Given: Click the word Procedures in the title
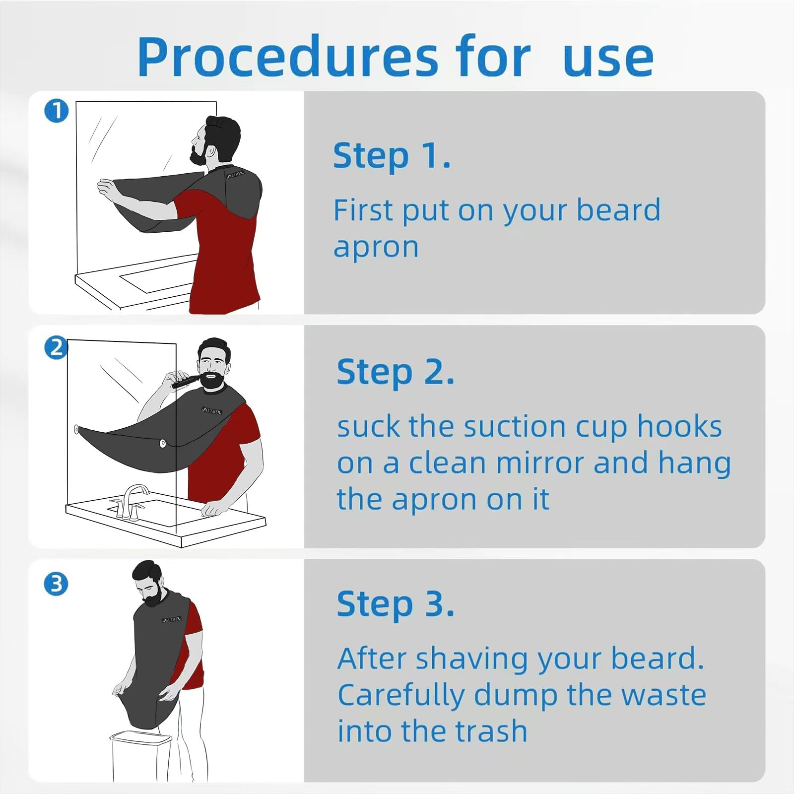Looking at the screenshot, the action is tap(288, 57).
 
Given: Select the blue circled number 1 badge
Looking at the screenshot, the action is tap(56, 111).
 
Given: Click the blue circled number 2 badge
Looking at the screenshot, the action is tap(56, 347).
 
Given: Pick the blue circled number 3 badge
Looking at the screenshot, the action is tap(56, 584).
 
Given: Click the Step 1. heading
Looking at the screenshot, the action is tap(392, 156).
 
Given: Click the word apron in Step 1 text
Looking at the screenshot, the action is tap(376, 248).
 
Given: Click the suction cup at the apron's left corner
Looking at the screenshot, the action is tap(77, 429).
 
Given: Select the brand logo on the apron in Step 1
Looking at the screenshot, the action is tap(235, 175).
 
